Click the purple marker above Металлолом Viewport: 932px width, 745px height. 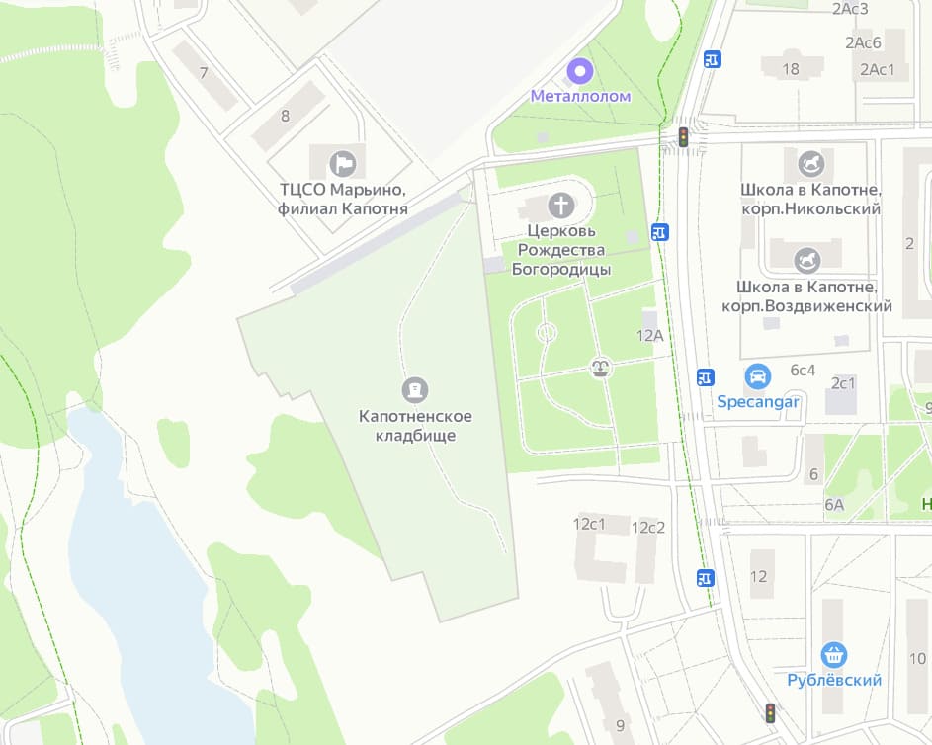(x=580, y=71)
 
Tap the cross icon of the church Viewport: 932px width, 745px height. (x=560, y=206)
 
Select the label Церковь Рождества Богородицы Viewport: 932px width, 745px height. (x=560, y=249)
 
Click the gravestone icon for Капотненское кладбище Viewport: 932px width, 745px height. (x=414, y=389)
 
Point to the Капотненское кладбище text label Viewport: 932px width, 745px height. (x=414, y=426)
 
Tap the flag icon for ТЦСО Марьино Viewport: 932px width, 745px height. (x=343, y=162)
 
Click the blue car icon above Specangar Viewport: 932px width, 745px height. (x=758, y=376)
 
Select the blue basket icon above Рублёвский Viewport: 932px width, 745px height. (x=834, y=654)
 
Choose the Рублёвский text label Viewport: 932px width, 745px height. (x=834, y=680)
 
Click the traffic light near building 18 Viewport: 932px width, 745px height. (x=682, y=136)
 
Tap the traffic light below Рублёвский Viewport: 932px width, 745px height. (x=770, y=712)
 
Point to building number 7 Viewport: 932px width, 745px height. (x=204, y=73)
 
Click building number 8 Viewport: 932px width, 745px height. (x=286, y=116)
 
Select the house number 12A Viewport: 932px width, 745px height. (x=649, y=335)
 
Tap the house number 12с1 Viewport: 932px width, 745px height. (x=589, y=523)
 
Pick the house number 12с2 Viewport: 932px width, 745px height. (x=648, y=527)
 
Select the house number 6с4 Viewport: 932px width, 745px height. (x=803, y=370)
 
